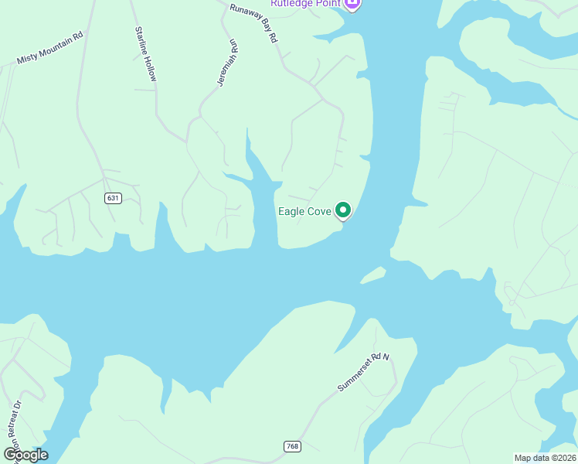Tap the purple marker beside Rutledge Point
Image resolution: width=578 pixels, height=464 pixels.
click(x=353, y=5)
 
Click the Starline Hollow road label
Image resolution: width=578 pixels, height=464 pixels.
click(x=146, y=54)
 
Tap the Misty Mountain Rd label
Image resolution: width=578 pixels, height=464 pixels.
click(x=50, y=49)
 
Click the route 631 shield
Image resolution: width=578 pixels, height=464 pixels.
click(x=114, y=198)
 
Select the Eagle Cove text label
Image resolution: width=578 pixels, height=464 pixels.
click(x=304, y=211)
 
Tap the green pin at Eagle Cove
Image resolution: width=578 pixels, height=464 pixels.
click(x=343, y=210)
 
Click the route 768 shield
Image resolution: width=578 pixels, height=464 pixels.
click(x=291, y=447)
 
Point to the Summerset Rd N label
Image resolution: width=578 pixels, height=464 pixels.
click(x=365, y=372)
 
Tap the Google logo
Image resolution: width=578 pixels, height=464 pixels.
click(x=26, y=455)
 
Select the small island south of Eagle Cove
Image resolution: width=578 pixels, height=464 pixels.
click(x=372, y=275)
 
